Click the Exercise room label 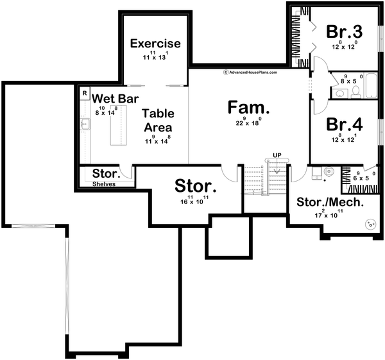(155, 44)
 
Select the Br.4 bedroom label (344, 124)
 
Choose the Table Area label (158, 119)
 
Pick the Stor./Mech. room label (330, 202)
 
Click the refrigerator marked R (84, 93)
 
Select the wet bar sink (85, 124)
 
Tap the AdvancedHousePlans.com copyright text (250, 73)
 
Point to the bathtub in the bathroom (372, 86)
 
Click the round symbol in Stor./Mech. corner (370, 225)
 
